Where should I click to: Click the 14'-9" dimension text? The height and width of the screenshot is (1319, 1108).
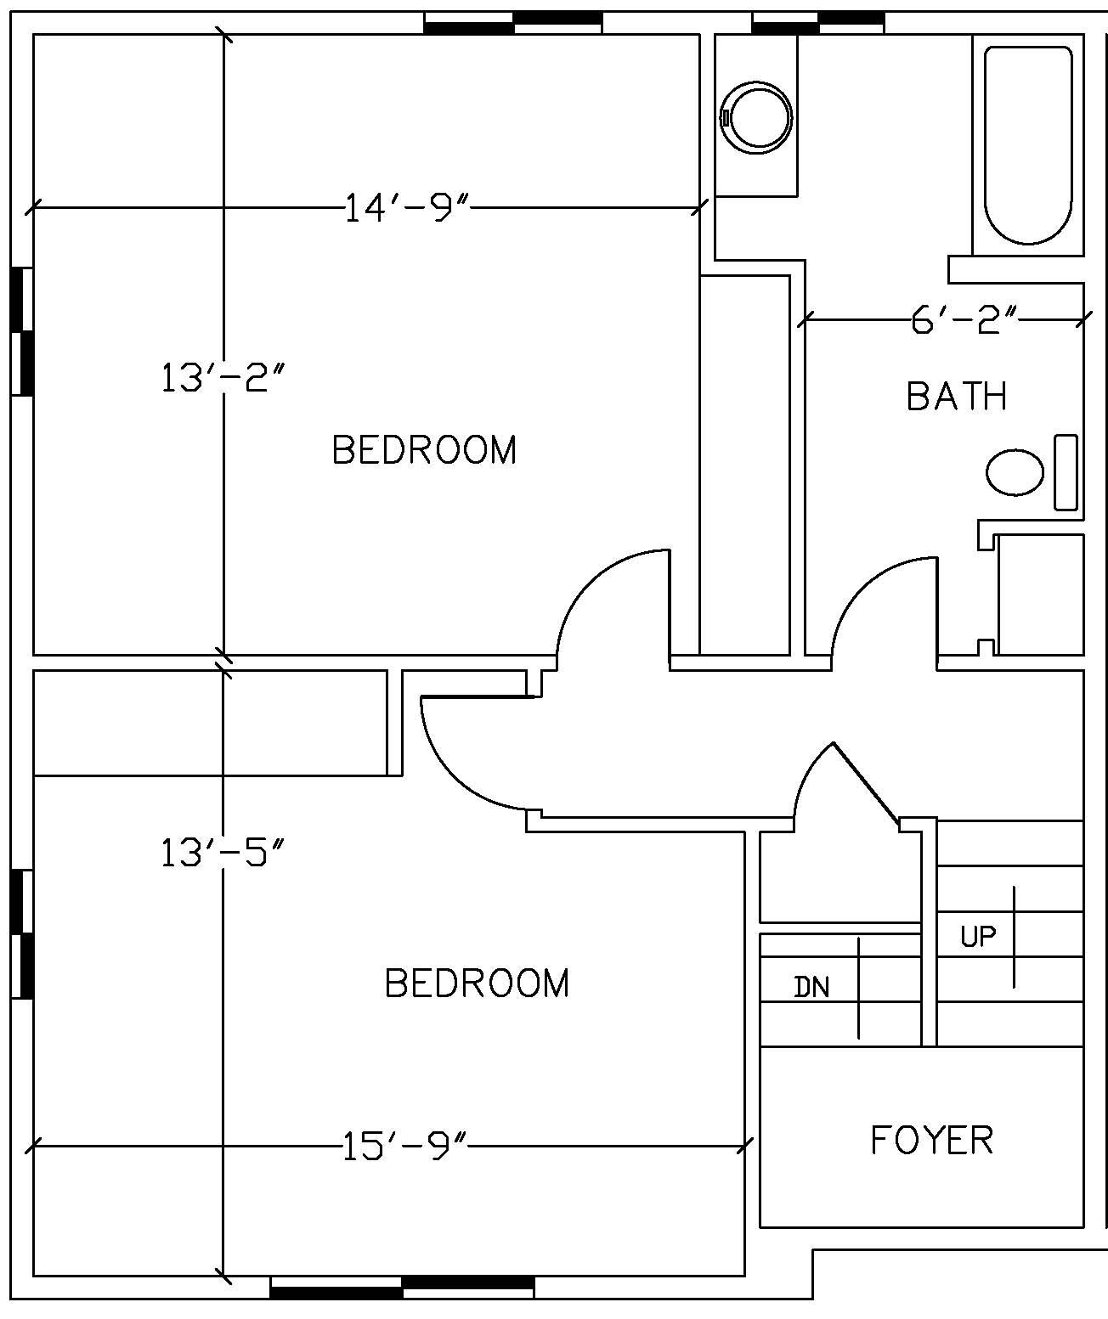tap(406, 207)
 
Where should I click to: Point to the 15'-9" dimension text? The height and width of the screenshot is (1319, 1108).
tap(405, 1147)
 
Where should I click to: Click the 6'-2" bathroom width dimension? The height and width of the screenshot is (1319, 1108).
tap(964, 320)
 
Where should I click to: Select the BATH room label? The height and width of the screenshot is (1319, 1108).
tap(957, 397)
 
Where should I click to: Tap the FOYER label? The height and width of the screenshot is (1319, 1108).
tap(932, 1140)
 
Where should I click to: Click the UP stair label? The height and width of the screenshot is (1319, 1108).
tap(978, 937)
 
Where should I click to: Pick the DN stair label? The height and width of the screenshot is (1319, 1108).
tap(811, 987)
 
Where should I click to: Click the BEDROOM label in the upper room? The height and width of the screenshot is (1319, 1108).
tap(424, 450)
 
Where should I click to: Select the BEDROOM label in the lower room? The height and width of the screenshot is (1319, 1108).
tap(477, 983)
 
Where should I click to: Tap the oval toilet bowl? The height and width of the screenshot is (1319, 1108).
tap(1015, 472)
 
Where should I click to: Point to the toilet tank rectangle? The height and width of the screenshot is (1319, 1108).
tap(1066, 472)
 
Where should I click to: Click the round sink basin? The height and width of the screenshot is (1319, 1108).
tap(756, 117)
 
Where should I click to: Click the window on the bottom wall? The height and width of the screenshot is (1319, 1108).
tap(402, 1288)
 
